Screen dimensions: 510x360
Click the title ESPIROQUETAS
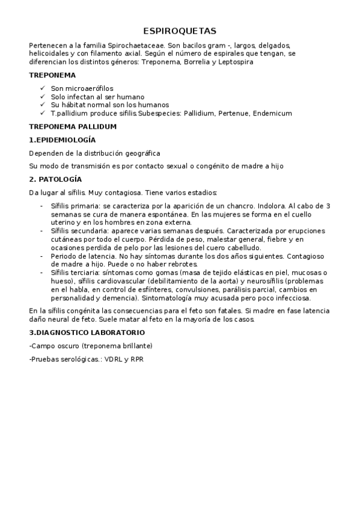pos(180,31)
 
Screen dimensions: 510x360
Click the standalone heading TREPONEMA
pos(52,75)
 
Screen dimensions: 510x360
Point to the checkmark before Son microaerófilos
pos(41,88)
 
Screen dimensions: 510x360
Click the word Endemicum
pos(273,112)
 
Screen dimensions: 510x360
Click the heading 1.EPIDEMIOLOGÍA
pos(62,140)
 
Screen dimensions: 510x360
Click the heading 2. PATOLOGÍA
pos(55,179)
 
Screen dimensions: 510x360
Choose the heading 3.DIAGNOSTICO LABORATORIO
pos(87,332)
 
